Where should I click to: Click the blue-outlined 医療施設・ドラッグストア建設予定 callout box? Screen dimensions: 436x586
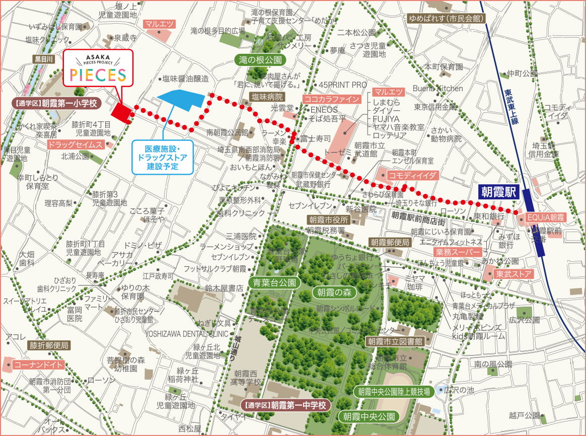163,157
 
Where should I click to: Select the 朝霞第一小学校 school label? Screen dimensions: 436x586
55,104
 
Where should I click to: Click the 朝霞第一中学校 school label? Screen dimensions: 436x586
285,404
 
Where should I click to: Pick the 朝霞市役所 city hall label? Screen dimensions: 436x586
329,220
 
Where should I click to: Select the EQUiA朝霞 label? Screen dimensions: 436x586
546,217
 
